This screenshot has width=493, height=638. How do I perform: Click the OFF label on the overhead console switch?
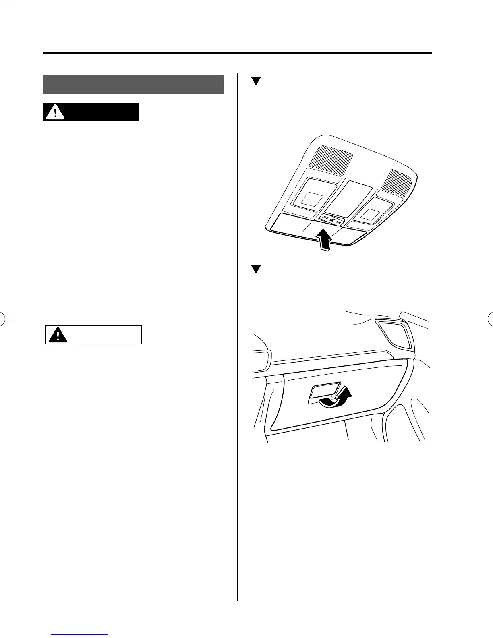pos(325,218)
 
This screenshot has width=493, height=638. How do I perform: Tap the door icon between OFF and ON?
pos(332,220)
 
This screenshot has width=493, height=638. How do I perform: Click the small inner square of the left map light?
pos(312,199)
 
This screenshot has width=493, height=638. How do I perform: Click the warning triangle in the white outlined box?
pos(57,335)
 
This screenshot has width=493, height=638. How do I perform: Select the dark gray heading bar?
pos(133,85)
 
